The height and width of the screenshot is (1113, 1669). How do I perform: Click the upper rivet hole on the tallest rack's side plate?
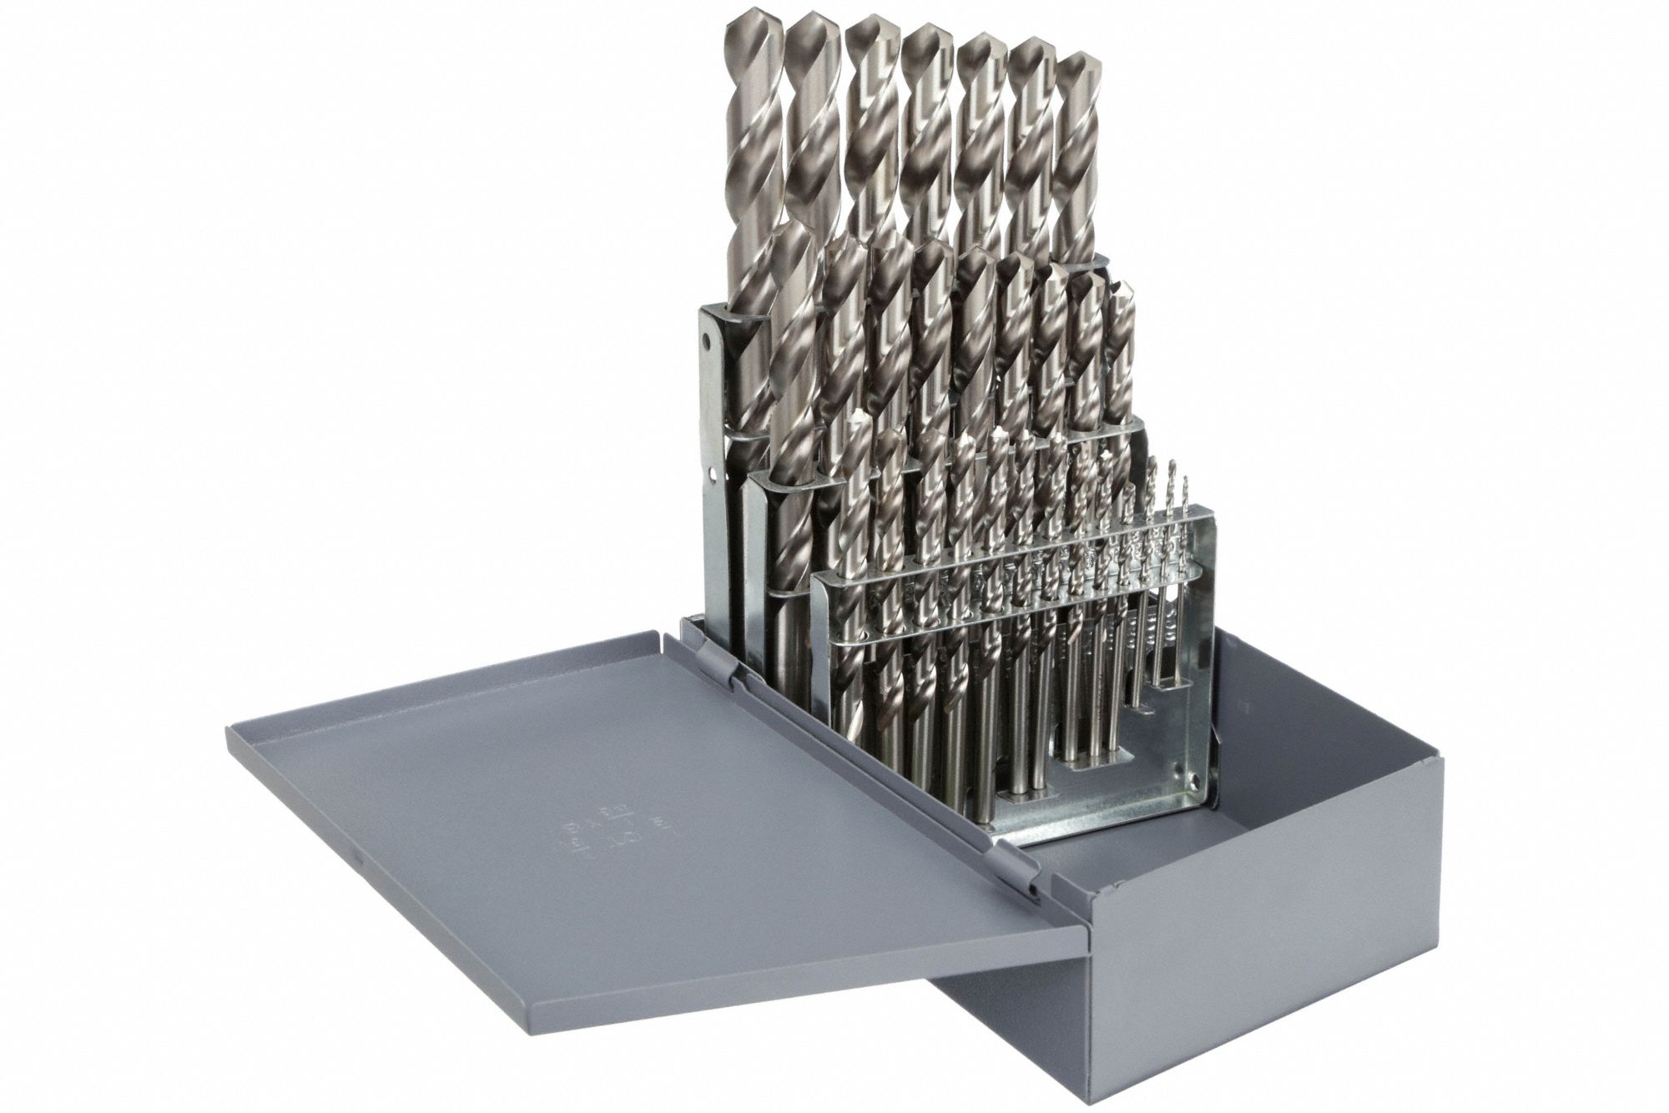708,341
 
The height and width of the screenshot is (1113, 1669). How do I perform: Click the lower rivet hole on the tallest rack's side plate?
713,476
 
